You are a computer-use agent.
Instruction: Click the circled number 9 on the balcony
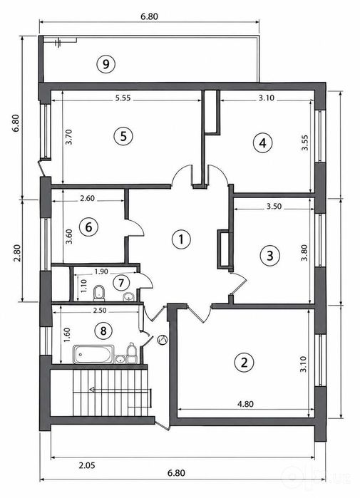(x=106, y=64)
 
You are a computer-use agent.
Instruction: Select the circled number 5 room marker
(x=123, y=136)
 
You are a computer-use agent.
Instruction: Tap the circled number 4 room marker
(x=262, y=143)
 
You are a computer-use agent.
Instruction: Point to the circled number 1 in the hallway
(x=181, y=239)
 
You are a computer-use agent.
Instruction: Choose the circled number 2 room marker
(x=244, y=362)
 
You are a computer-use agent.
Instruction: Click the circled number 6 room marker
(x=88, y=227)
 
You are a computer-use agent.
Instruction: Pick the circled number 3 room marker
(x=269, y=255)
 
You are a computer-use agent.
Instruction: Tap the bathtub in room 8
(x=93, y=355)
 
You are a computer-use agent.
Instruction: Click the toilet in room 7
(x=99, y=293)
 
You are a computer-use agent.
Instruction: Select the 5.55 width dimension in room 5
(x=123, y=98)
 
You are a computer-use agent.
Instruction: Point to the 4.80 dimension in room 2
(x=246, y=404)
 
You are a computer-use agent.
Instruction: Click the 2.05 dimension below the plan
(x=87, y=466)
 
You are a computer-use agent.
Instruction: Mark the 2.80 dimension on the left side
(x=18, y=252)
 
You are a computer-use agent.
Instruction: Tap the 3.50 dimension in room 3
(x=274, y=206)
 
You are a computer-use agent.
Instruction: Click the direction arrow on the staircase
(x=121, y=390)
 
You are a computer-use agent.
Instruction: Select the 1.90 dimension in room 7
(x=101, y=271)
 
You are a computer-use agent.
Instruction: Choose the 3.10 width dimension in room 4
(x=266, y=98)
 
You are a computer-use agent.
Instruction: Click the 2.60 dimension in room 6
(x=87, y=198)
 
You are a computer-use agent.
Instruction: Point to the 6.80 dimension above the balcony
(x=149, y=16)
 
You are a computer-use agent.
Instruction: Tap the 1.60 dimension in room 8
(x=67, y=335)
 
